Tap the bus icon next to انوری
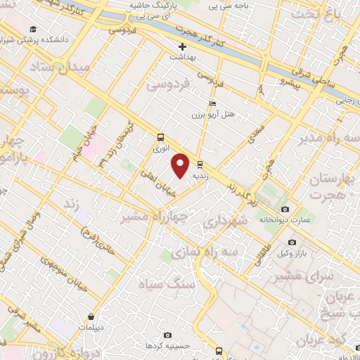pos(161,138)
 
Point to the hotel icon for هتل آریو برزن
pos(214,103)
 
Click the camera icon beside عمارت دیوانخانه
pos(285,210)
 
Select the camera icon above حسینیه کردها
pos(166,336)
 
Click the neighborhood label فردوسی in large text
pos(168,85)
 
